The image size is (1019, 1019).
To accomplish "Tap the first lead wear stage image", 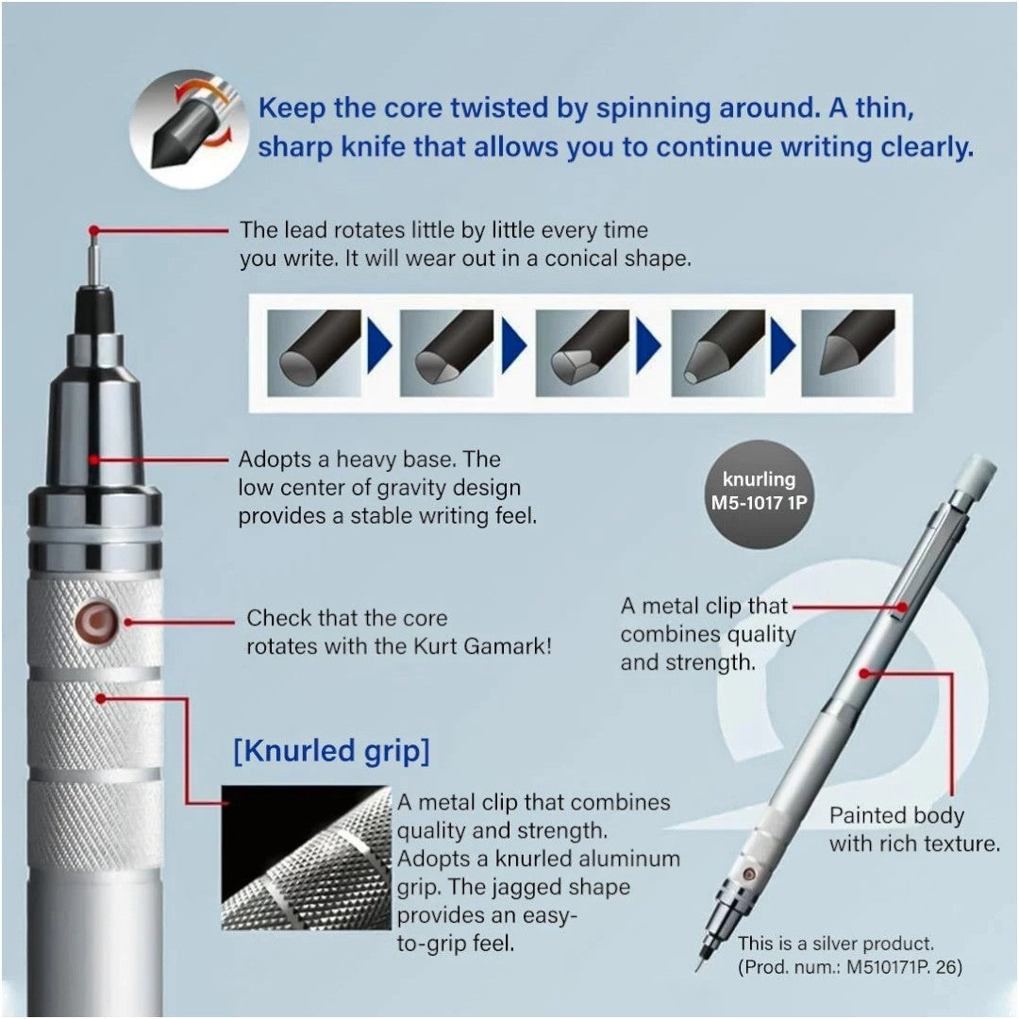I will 314,353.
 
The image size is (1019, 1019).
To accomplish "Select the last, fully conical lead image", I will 847,353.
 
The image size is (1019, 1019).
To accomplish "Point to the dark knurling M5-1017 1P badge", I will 759,493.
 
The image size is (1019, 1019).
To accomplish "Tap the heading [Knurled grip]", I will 331,752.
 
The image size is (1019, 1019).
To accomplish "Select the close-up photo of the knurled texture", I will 306,857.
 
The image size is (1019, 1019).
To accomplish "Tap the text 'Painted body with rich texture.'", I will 913,829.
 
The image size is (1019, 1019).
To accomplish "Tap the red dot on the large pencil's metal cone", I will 93,459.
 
